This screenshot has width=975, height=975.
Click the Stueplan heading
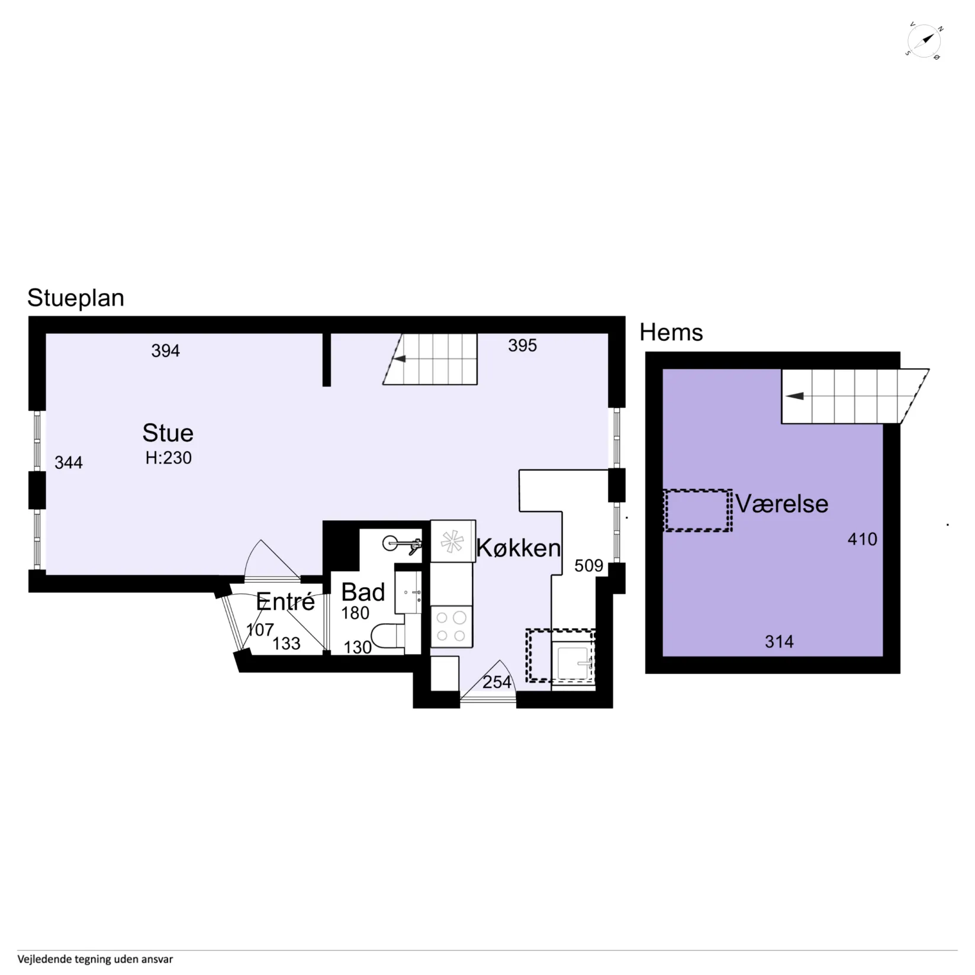tap(76, 298)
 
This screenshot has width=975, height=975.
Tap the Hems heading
tap(671, 333)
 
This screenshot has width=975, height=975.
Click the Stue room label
tap(168, 433)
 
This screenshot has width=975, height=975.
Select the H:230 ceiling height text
tap(169, 458)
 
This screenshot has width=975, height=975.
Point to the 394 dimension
tap(165, 351)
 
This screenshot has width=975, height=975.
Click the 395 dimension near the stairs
tap(522, 346)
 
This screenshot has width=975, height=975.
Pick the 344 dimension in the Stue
tap(69, 463)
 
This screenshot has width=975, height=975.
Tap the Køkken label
tap(519, 548)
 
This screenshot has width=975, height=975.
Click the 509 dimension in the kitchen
tap(588, 566)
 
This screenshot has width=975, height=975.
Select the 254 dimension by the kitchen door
tap(497, 683)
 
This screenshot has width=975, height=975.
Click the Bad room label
tap(363, 593)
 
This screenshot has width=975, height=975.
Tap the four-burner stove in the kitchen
tap(452, 627)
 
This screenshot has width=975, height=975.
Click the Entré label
tap(285, 602)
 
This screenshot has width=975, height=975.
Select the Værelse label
tap(782, 504)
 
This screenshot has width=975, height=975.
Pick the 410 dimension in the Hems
tap(863, 539)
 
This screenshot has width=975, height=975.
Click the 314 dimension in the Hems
tap(779, 642)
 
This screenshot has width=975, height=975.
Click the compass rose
tap(924, 41)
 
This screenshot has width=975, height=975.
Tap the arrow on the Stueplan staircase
tap(400, 359)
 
